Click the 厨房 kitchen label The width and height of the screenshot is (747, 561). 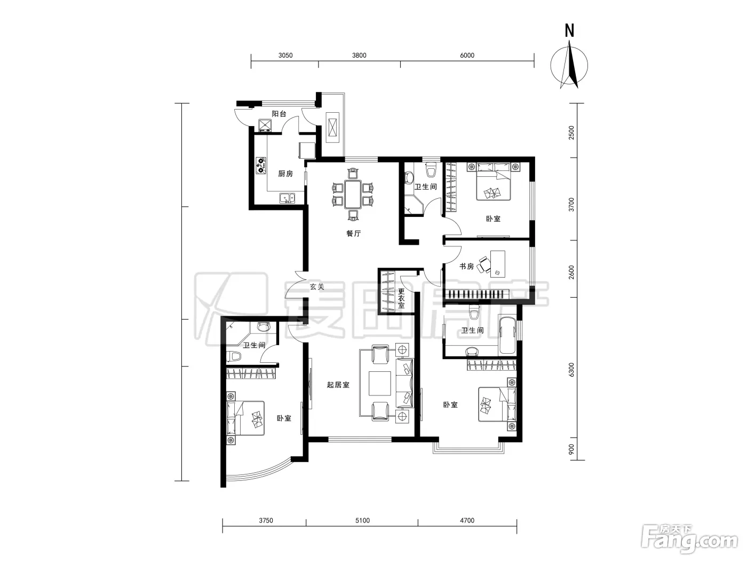point(285,174)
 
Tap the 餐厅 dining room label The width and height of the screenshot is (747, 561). point(353,233)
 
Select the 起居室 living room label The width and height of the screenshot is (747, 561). point(338,385)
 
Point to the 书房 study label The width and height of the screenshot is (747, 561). point(466,266)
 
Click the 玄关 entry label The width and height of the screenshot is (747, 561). point(317,287)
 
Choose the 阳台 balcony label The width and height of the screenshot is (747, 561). point(279,114)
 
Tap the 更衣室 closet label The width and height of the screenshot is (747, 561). point(402,298)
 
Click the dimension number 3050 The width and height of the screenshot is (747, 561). point(285,55)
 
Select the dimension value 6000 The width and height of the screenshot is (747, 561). point(467,55)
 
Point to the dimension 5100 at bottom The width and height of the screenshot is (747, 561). point(362,520)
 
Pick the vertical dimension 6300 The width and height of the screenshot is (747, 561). point(571,370)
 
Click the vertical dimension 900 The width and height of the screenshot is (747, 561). point(571,449)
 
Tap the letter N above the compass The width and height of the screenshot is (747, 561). point(569,30)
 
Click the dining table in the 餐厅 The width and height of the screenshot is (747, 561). point(353,194)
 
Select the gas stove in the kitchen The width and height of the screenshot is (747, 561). point(261,165)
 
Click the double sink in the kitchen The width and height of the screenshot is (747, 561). point(287,198)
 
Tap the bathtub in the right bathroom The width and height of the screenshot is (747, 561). point(507,336)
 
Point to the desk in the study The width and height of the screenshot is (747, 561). point(497,264)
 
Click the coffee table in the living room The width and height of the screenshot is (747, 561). point(379,383)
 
